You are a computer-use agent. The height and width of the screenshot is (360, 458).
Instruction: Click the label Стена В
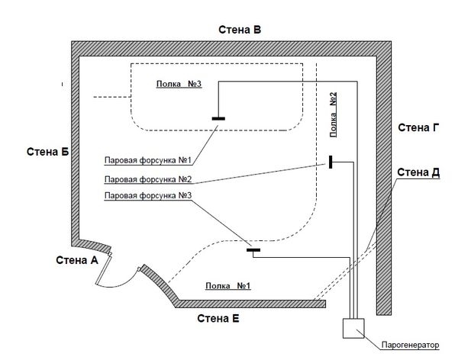tap(240, 30)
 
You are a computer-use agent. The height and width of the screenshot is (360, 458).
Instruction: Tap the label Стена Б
tap(47, 152)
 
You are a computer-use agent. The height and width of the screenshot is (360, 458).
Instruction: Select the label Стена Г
tap(418, 127)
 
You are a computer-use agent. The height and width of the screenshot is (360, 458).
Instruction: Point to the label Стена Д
tap(418, 172)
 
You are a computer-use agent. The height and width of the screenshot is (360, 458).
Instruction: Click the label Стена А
tap(77, 260)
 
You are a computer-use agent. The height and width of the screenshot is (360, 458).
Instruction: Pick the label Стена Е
tap(218, 318)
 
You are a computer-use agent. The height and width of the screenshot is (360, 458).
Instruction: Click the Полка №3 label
tap(179, 84)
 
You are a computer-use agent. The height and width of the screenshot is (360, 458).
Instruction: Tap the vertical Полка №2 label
tap(334, 114)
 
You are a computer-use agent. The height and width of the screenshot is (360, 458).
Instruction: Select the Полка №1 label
tap(227, 285)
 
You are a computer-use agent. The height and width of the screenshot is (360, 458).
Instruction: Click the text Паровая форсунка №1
tap(148, 160)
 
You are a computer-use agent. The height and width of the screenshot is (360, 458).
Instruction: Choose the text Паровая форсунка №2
tap(148, 179)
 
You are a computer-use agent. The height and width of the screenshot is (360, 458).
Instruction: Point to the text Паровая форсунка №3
tap(148, 195)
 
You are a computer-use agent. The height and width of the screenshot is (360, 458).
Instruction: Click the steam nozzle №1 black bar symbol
tap(218, 118)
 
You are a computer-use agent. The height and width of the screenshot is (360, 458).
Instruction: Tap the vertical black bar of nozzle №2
tap(331, 162)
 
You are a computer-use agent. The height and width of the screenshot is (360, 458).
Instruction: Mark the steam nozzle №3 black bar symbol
tap(253, 250)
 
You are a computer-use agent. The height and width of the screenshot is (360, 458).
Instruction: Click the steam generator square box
tap(353, 328)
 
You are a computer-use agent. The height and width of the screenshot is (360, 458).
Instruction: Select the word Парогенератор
tap(410, 345)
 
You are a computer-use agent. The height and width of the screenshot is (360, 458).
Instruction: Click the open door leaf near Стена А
tap(103, 268)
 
